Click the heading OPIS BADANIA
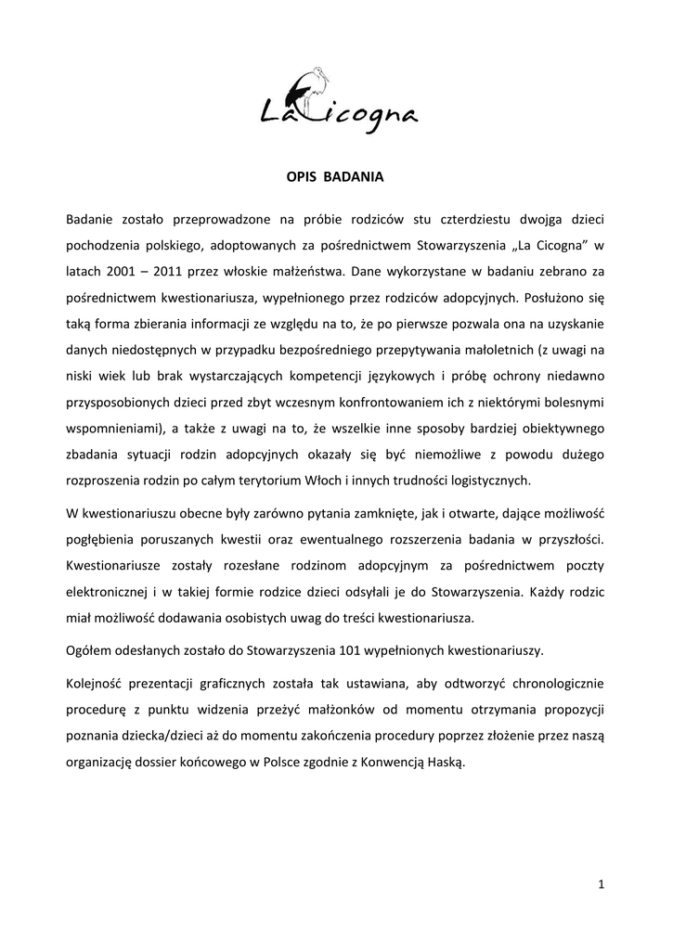(x=336, y=174)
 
